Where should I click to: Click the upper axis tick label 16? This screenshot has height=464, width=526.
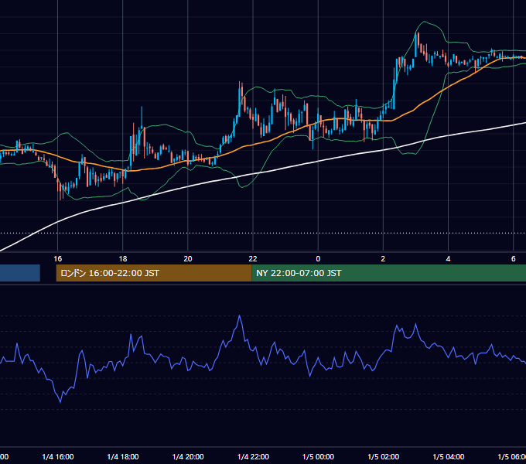click(x=58, y=258)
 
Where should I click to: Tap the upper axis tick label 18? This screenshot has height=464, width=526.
click(x=123, y=258)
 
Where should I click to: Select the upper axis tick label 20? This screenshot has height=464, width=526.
click(x=188, y=258)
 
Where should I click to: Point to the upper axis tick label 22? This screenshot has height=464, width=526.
click(x=253, y=258)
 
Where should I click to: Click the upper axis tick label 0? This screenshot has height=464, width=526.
click(x=318, y=258)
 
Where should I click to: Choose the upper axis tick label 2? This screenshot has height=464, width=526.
click(x=383, y=258)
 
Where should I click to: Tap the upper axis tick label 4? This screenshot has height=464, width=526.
click(x=448, y=258)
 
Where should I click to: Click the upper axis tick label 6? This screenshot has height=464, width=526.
click(x=514, y=258)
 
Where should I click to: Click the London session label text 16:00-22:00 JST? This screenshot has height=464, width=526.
click(x=124, y=273)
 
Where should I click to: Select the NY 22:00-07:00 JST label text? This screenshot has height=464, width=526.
click(x=299, y=273)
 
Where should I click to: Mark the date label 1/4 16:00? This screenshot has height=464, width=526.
click(x=58, y=456)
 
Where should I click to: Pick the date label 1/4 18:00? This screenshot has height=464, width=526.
click(x=123, y=456)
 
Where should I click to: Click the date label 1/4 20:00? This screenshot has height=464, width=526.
click(x=188, y=456)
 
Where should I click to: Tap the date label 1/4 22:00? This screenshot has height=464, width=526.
click(x=253, y=456)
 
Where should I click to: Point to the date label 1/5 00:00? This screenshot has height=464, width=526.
click(x=318, y=456)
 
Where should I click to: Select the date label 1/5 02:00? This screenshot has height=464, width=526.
click(x=383, y=456)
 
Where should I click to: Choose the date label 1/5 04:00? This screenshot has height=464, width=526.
click(x=448, y=456)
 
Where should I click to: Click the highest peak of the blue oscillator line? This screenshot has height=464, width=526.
click(x=239, y=316)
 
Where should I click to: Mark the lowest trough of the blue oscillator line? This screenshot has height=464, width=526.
click(x=60, y=401)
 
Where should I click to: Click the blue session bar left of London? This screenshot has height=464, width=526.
click(x=20, y=273)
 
